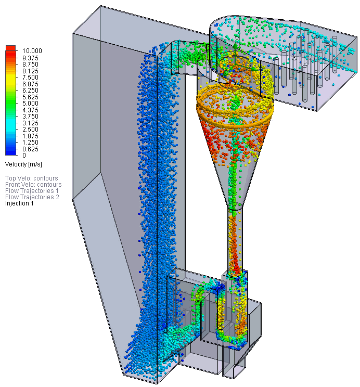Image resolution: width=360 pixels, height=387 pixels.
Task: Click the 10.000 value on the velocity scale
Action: point(32,51)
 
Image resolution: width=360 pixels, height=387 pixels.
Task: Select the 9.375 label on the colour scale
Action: point(30,58)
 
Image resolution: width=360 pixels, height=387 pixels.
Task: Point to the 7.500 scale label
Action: point(30,78)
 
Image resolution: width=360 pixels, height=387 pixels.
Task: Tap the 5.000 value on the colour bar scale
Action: point(30,104)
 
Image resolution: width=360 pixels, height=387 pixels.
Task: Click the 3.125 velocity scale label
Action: point(30,123)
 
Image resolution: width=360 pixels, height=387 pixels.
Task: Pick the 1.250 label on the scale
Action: point(30,143)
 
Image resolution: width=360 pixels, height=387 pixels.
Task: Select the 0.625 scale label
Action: point(30,149)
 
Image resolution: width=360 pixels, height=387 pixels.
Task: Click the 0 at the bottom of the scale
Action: point(24,156)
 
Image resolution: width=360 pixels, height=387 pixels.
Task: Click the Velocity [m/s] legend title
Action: point(23,164)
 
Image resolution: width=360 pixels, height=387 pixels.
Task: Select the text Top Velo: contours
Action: point(32,178)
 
